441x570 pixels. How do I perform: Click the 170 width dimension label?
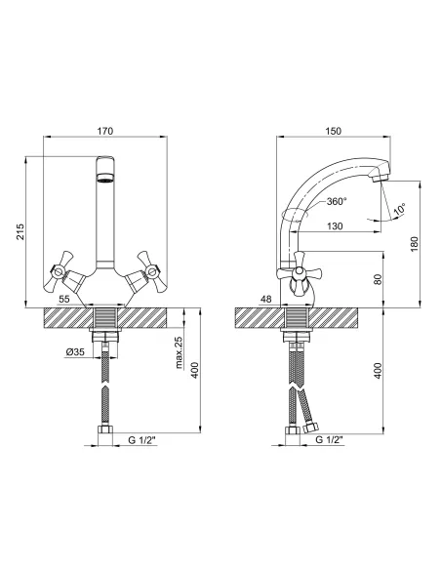point(105,131)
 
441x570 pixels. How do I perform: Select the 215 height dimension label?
point(20,231)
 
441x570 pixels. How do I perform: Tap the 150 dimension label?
point(334,131)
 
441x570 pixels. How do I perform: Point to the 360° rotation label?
point(337,201)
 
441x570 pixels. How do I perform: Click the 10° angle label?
point(400,210)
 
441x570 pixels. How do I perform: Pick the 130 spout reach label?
point(335,226)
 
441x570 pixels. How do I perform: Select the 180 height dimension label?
point(415,244)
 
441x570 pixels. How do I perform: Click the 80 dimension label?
point(379,279)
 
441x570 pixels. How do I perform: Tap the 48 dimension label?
point(266,299)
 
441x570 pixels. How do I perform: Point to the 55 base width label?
point(64,299)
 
